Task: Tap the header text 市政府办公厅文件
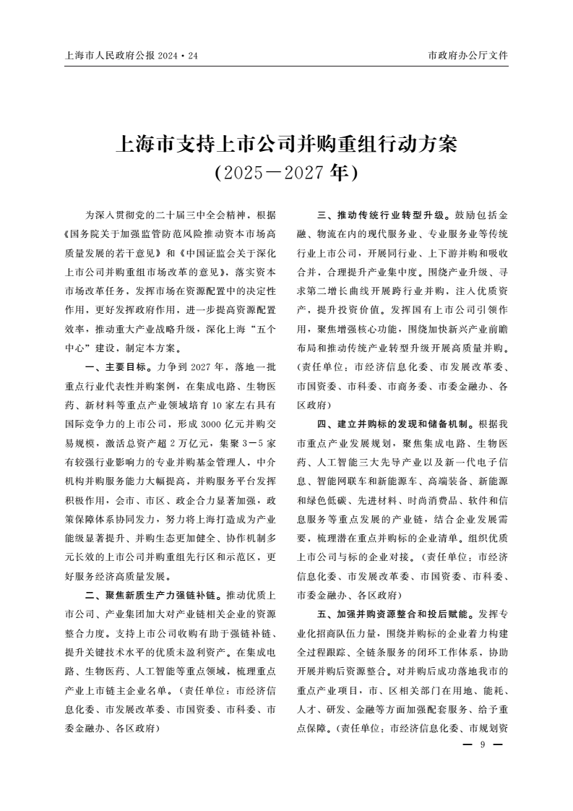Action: (468, 55)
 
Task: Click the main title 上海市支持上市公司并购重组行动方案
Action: (286, 145)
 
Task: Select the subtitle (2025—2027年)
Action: (286, 173)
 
